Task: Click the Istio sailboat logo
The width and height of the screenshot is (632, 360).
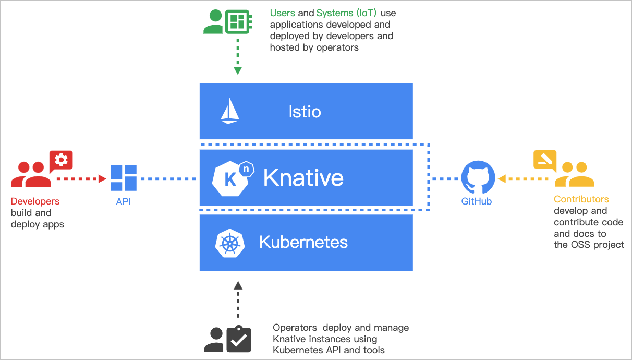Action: (x=230, y=111)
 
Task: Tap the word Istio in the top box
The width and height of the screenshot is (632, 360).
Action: (x=305, y=111)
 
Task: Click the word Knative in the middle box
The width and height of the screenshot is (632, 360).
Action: (x=303, y=178)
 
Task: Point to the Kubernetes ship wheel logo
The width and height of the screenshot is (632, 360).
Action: (x=230, y=243)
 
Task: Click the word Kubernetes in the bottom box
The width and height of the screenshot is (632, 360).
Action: (x=303, y=242)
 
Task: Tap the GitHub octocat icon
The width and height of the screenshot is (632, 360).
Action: (x=477, y=177)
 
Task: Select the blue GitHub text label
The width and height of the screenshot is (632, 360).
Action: (x=477, y=201)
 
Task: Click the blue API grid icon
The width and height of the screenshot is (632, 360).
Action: (x=124, y=178)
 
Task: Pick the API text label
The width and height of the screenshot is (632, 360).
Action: (x=124, y=202)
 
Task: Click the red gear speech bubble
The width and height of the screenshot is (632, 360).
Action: (x=61, y=160)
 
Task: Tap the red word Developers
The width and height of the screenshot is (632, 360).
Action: (x=35, y=201)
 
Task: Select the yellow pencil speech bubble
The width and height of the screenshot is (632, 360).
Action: (x=545, y=160)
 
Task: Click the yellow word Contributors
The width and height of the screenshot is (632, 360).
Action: (x=581, y=199)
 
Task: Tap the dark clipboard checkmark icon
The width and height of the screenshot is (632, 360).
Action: (x=239, y=339)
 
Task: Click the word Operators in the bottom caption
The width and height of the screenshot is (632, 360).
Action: (x=295, y=328)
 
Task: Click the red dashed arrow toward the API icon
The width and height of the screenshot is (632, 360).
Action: (x=81, y=178)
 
